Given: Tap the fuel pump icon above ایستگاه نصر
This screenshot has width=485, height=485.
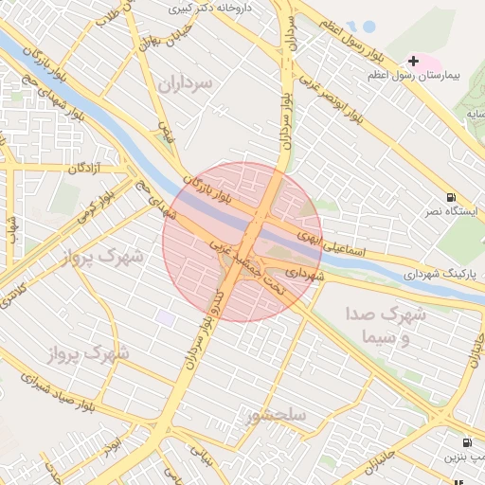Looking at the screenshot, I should (448, 198).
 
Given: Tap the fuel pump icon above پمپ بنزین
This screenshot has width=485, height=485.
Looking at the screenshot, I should (467, 442).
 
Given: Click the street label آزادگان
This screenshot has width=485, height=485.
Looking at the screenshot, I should (81, 168).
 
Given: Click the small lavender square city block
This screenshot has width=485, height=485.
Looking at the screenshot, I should (167, 318).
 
